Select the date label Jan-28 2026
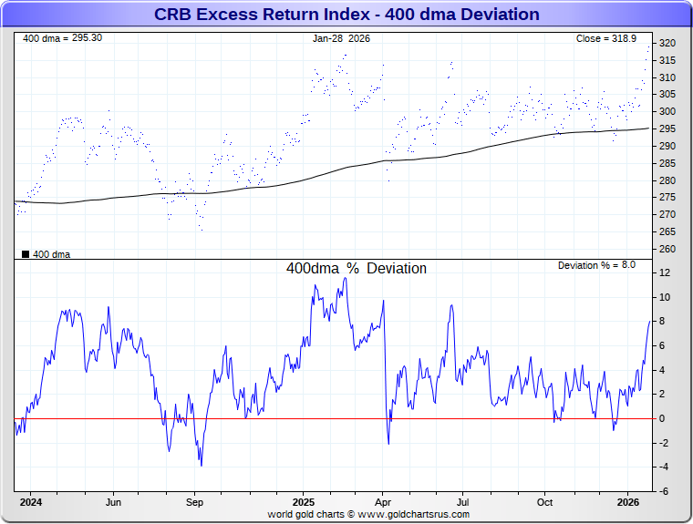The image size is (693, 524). tap(342, 39)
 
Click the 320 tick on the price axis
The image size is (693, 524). tap(667, 44)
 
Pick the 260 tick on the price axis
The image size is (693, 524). tap(667, 249)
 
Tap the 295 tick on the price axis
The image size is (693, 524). tap(667, 129)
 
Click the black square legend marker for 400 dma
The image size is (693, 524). tap(26, 254)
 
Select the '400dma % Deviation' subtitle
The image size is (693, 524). tap(356, 269)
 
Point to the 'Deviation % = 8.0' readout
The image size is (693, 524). tap(596, 265)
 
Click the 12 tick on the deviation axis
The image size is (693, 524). tap(665, 273)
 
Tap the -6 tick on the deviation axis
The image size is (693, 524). tap(665, 491)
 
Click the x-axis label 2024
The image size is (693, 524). tap(31, 502)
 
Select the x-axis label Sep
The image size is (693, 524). tap(194, 502)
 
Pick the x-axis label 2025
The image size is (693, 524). tap(304, 502)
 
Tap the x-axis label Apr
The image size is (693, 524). tap(383, 502)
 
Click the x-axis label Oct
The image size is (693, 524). tap(544, 502)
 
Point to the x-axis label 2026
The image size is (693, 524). tap(628, 502)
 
